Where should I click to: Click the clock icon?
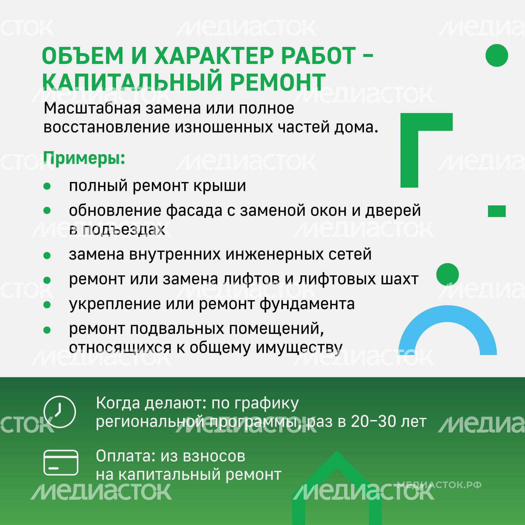coord(60,412)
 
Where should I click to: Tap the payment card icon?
coord(61,463)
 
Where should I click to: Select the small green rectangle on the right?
coord(497,211)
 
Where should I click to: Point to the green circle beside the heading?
coord(497,55)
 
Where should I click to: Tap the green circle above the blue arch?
coord(447,274)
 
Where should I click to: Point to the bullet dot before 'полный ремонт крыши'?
coord(47,186)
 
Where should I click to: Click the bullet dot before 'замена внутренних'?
coord(47,255)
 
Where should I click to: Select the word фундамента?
coord(307,304)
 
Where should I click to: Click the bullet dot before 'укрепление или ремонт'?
coord(47,305)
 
